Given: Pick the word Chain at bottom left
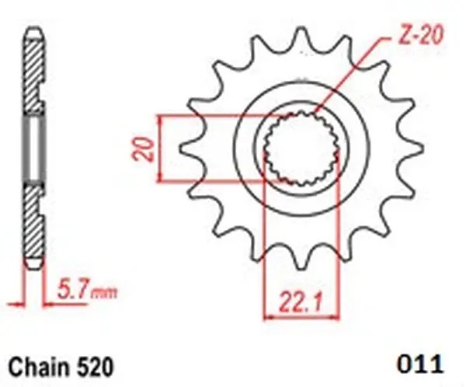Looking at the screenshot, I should pos(37,364).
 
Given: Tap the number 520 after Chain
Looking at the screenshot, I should pos(95,364).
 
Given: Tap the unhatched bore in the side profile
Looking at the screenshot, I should pos(33,148).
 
